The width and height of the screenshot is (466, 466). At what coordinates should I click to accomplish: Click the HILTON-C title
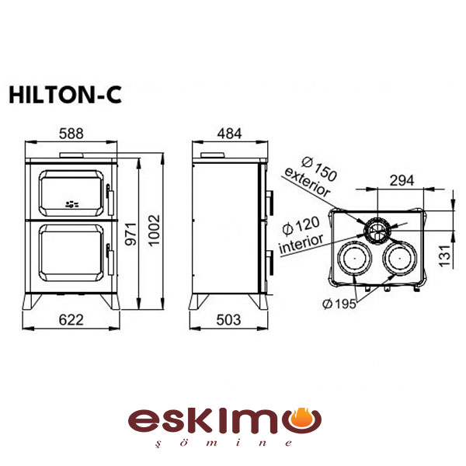[65, 95]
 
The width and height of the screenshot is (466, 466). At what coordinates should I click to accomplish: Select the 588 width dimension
[71, 134]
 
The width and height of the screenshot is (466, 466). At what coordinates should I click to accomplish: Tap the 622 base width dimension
[71, 320]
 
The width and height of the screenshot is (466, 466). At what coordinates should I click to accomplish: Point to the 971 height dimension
[130, 235]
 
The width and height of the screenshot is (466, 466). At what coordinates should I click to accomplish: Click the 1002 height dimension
[154, 231]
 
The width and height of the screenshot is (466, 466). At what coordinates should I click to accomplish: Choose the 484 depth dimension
[229, 134]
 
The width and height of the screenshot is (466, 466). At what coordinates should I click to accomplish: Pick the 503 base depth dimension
[228, 320]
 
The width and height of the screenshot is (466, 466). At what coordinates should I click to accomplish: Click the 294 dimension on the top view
[402, 180]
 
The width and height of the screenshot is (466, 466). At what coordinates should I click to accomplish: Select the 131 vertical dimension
[445, 256]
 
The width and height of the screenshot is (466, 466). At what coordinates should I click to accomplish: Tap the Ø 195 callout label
[339, 304]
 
